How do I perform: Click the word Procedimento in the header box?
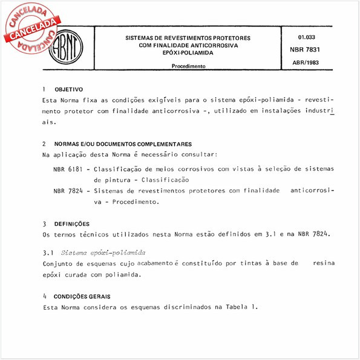(x=189, y=66)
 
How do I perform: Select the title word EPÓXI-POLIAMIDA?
(x=189, y=53)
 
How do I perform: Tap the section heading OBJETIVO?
(x=69, y=90)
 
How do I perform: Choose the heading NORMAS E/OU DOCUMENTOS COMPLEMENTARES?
(x=123, y=145)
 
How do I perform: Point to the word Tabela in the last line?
(x=234, y=307)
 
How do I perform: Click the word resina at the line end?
(x=324, y=263)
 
